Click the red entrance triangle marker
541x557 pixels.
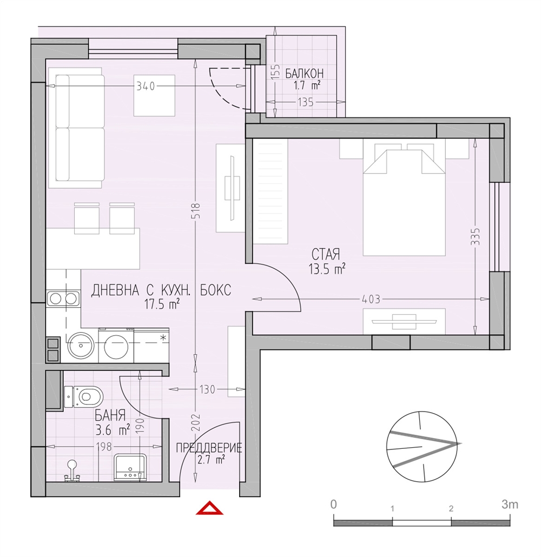(210, 508)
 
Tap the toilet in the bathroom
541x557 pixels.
(83, 396)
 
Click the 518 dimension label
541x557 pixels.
(196, 211)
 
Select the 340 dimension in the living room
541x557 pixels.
(146, 87)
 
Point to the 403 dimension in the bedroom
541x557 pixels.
(371, 300)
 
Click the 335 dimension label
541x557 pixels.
(475, 236)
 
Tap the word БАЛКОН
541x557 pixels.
(305, 74)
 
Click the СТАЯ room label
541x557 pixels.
(326, 254)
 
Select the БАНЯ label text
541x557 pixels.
(110, 415)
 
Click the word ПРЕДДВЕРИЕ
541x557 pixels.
(209, 448)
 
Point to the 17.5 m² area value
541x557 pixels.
(162, 304)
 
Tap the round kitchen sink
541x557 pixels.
(81, 345)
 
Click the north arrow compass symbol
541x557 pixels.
(423, 447)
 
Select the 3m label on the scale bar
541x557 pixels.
(510, 504)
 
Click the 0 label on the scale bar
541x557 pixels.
(333, 505)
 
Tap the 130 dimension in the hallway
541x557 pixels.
(208, 390)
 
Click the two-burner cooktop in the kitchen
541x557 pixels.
(63, 299)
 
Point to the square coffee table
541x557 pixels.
(154, 95)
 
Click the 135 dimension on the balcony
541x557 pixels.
(306, 102)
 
